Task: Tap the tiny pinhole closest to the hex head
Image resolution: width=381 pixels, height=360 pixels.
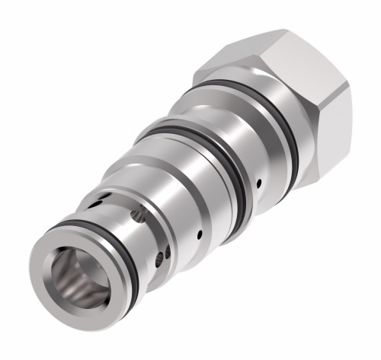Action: point(260,183)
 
